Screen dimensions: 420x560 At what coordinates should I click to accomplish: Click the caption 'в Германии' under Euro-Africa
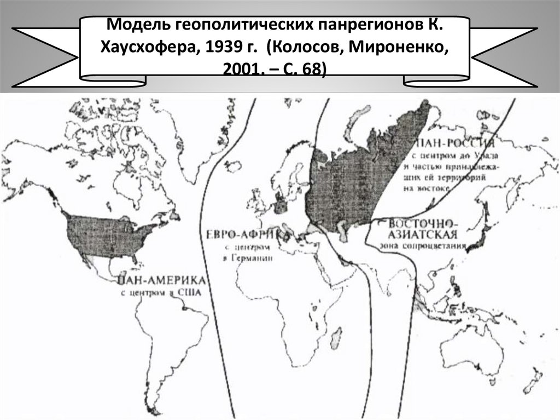pyautogui.click(x=249, y=257)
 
